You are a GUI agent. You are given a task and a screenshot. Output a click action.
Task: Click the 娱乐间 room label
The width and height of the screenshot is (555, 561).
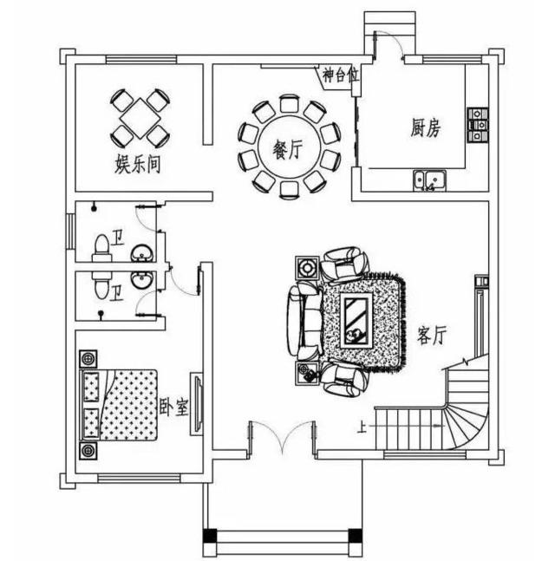(137, 164)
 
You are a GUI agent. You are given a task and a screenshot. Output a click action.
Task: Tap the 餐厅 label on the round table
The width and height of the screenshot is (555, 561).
(288, 149)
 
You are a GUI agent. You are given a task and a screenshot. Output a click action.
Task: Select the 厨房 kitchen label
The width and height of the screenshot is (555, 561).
(426, 128)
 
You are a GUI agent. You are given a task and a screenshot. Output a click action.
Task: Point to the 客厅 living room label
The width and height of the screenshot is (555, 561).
(432, 335)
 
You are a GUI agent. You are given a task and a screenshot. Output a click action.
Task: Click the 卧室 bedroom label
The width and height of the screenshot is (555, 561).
(173, 408)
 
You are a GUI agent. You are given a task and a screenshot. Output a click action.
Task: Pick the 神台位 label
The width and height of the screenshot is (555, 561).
(340, 75)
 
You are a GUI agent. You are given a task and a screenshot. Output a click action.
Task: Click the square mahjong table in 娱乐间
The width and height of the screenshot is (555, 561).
(140, 118)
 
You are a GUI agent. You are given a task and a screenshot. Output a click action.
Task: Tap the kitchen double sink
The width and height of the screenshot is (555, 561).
(430, 180)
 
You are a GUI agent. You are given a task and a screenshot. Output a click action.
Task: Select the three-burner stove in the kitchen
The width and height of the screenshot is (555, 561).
(478, 125)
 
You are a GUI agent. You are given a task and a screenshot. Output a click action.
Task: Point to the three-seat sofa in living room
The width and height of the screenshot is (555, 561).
(304, 321)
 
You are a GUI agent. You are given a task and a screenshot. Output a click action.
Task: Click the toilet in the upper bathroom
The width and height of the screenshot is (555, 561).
(101, 248)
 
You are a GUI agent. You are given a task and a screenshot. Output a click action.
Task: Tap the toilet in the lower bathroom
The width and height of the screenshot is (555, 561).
(101, 284)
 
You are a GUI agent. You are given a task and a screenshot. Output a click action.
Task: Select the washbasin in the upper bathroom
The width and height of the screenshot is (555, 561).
(142, 253)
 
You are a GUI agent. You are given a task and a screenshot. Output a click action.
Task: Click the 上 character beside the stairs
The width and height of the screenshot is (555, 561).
(362, 427)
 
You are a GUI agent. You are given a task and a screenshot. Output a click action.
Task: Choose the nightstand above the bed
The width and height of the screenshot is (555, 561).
(88, 358)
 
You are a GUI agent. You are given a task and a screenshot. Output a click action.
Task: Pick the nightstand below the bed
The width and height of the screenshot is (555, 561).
(88, 451)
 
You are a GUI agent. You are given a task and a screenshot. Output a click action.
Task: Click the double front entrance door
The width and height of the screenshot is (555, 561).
(283, 436)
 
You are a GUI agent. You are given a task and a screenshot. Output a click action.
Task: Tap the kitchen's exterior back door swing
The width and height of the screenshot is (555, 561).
(389, 43)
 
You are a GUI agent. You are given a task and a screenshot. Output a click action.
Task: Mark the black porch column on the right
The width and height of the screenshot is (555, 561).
(356, 535)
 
